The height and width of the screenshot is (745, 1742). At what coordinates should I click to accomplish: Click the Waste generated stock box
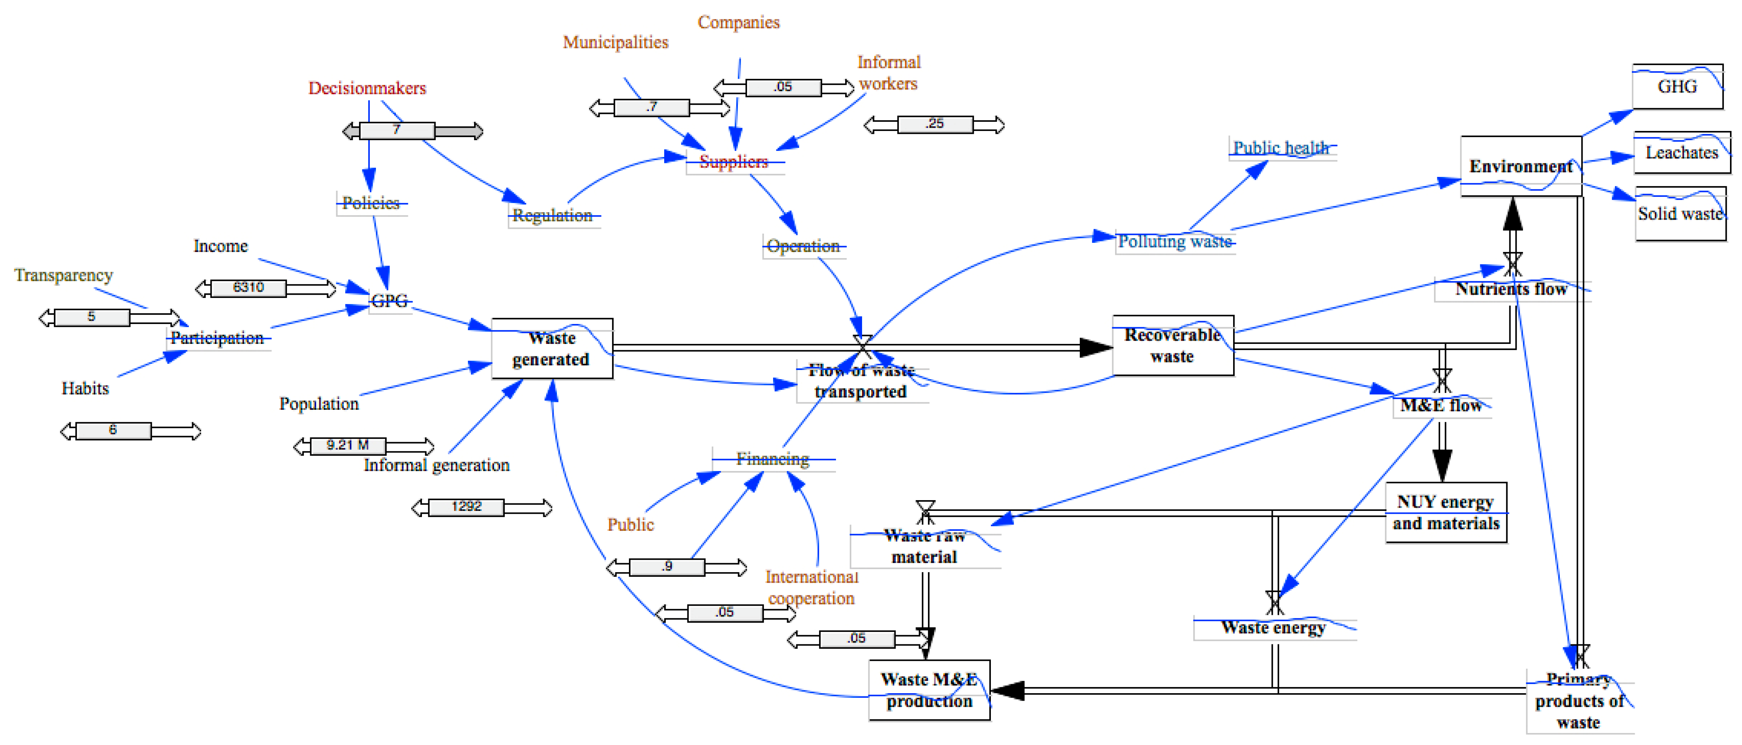[x=552, y=348]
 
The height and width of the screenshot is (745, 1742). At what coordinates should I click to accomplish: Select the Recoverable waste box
[x=1173, y=346]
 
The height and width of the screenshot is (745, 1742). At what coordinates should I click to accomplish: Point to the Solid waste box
[x=1680, y=214]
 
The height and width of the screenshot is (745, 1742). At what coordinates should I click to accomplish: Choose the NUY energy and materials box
[x=1446, y=512]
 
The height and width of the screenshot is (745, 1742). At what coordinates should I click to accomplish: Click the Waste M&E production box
[x=929, y=690]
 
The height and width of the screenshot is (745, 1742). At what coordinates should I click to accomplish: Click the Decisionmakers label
[x=367, y=88]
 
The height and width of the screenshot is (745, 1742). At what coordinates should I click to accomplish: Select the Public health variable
[x=1281, y=148]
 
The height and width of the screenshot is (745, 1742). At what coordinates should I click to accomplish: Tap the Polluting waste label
[x=1175, y=242]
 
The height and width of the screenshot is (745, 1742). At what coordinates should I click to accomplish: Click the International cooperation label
[x=812, y=587]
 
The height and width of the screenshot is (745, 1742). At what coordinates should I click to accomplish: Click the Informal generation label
[x=436, y=465]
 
